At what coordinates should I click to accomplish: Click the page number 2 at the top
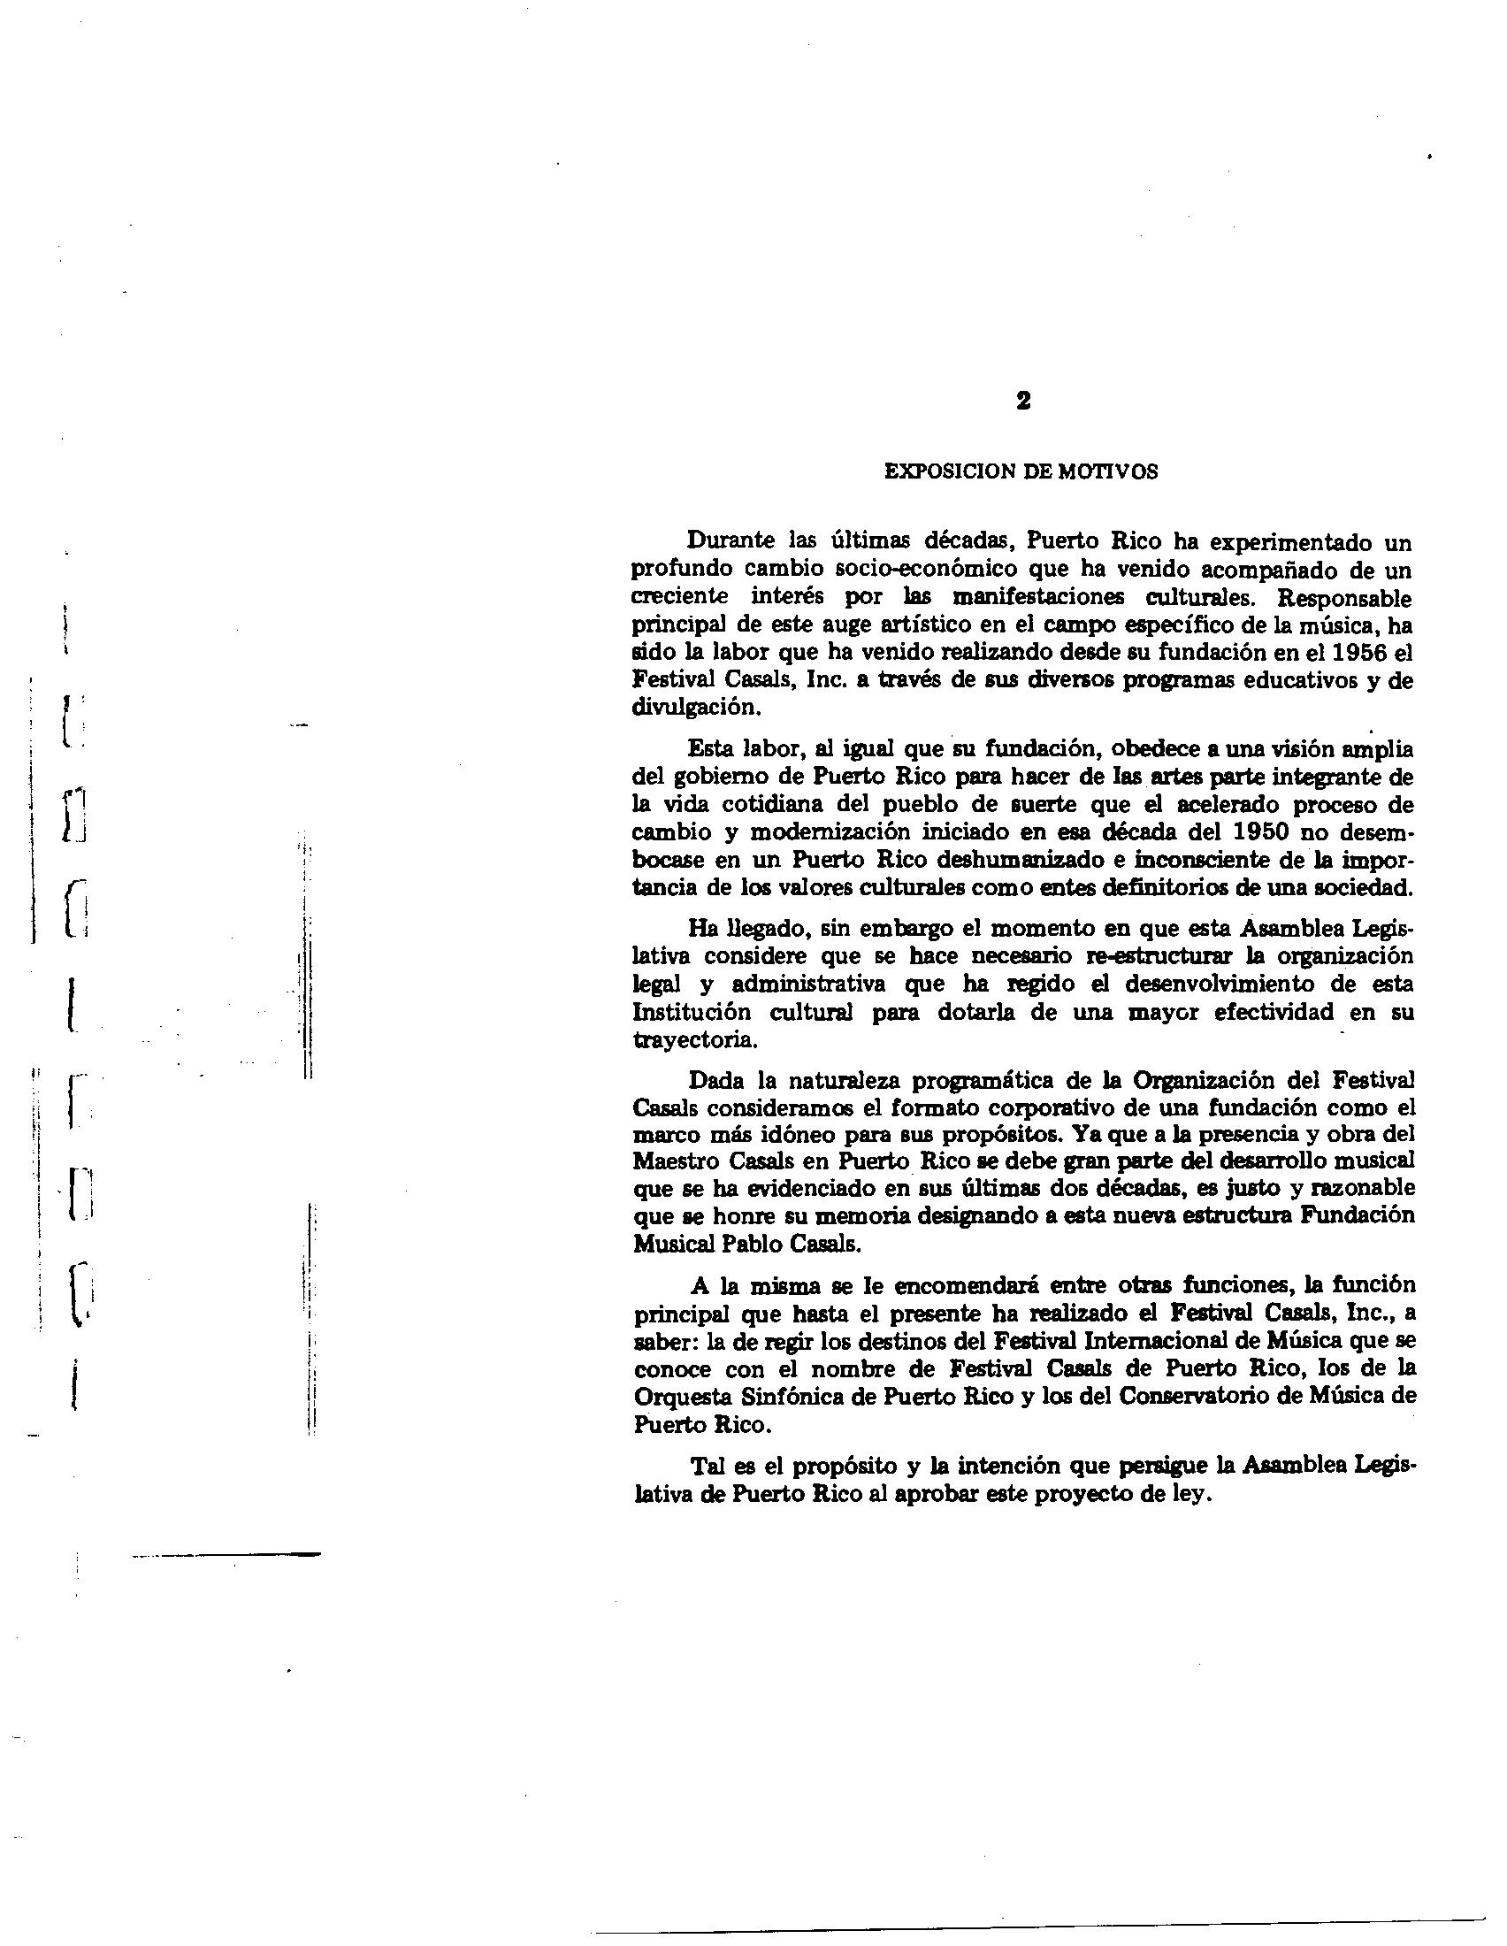pyautogui.click(x=1022, y=402)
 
